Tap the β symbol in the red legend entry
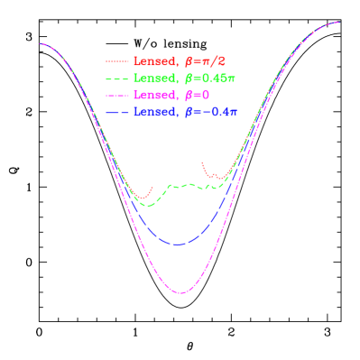coord(188,62)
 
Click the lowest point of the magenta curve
coord(180,293)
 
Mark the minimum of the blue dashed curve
coord(179,245)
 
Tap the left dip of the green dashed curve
coord(150,206)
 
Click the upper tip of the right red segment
coord(203,162)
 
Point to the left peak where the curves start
coord(41,43)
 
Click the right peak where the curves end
coord(339,23)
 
